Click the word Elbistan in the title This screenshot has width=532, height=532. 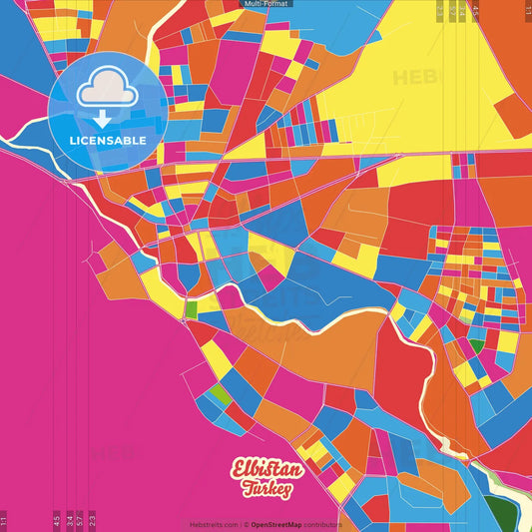(x=265, y=469)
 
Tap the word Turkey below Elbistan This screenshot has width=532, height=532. (x=266, y=489)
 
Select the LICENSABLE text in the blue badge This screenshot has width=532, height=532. (x=108, y=141)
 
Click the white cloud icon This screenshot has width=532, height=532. (x=107, y=89)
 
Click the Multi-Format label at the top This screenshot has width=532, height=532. (x=266, y=5)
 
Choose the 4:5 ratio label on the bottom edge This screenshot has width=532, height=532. (x=57, y=520)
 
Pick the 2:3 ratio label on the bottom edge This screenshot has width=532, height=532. (x=93, y=520)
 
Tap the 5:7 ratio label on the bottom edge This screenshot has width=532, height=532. (x=81, y=520)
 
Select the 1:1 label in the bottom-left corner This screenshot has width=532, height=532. (x=4, y=520)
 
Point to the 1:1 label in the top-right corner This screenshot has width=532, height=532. (x=527, y=10)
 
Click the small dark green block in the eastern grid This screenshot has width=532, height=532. (x=477, y=346)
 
